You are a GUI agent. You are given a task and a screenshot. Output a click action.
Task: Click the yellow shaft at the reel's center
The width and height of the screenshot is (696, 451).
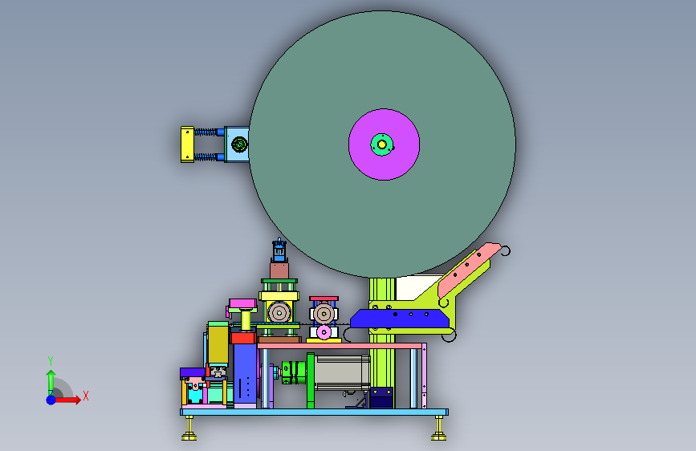(x=382, y=144)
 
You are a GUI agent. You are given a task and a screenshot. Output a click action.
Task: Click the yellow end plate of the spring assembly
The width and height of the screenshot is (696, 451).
(x=187, y=144)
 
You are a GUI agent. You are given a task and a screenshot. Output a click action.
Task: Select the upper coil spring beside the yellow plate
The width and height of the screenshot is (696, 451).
(x=206, y=132)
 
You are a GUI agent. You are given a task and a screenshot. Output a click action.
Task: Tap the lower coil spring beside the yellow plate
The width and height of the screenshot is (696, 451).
(x=206, y=156)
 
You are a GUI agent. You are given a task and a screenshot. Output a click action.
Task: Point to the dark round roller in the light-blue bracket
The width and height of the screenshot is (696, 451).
(x=239, y=144)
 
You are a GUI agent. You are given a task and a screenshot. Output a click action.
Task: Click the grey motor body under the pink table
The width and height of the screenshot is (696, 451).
(x=342, y=373)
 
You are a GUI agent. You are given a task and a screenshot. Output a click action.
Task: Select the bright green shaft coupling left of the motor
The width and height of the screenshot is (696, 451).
(x=294, y=372)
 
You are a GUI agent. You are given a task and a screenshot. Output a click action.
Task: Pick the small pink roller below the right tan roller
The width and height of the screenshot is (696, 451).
(x=324, y=331)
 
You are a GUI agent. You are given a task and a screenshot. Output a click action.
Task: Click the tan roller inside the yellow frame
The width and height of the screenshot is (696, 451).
(x=279, y=313)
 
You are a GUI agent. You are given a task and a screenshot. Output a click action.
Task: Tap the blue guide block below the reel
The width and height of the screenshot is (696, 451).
(x=400, y=319)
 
